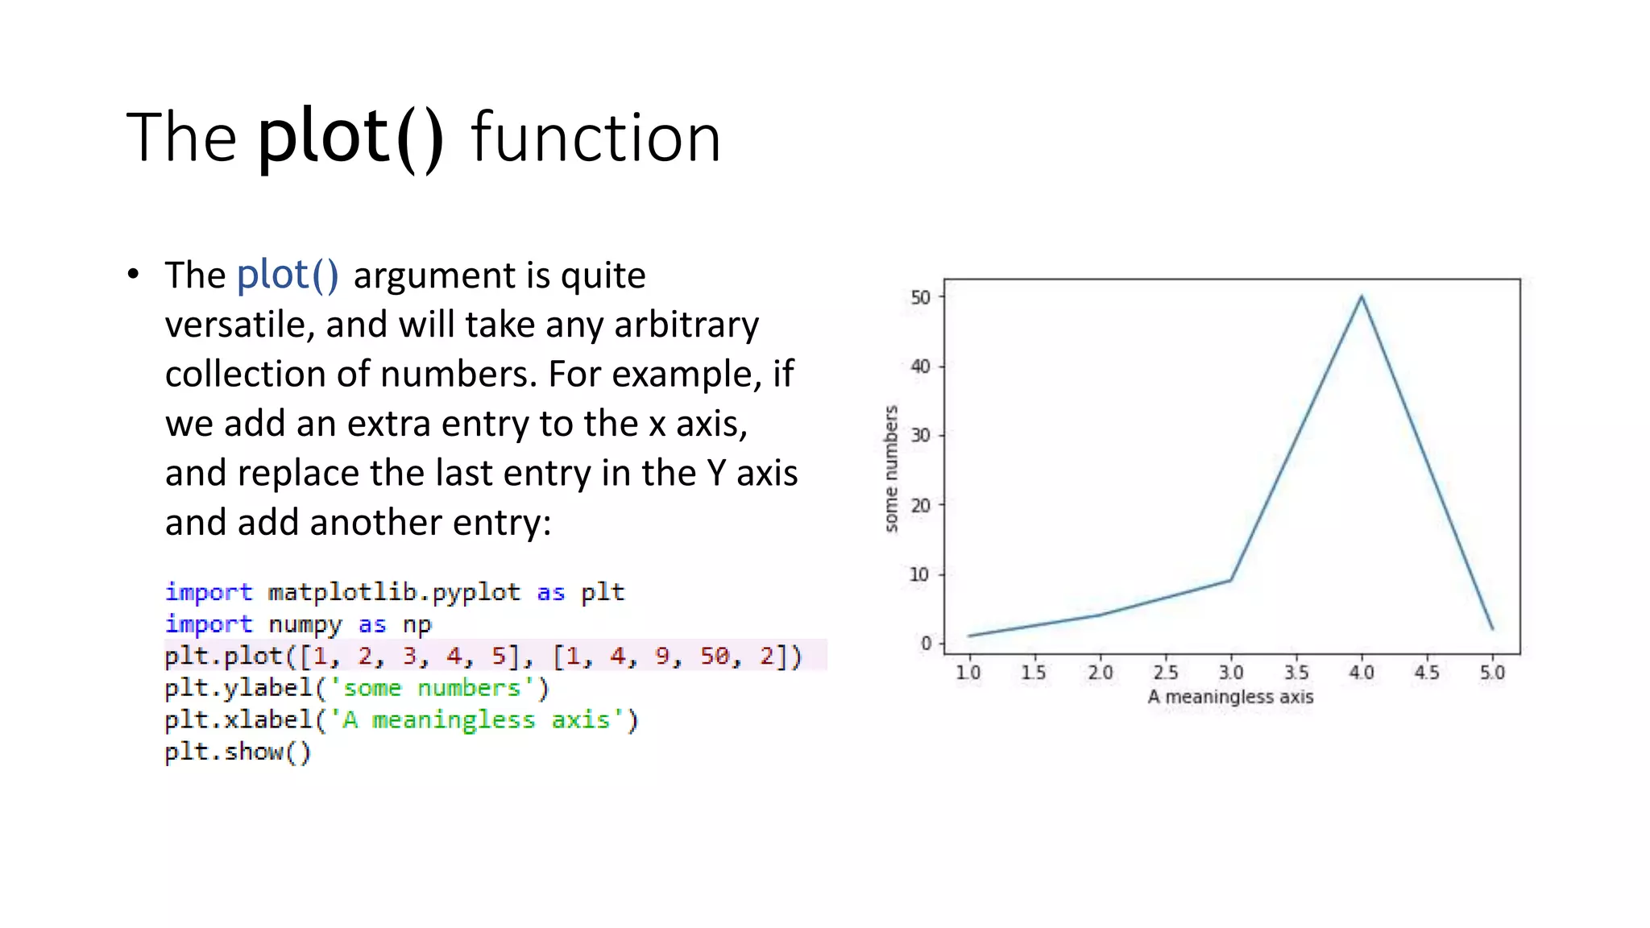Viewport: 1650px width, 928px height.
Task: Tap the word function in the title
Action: coord(595,139)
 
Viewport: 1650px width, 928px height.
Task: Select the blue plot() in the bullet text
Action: coord(288,275)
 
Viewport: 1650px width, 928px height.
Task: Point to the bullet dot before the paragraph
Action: coord(134,275)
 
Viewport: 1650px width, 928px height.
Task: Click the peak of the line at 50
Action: coord(1362,296)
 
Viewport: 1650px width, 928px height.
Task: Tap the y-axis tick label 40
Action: coord(920,367)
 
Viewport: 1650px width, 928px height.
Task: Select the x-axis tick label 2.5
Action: coord(1165,672)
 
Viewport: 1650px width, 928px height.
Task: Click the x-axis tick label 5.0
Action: coord(1492,672)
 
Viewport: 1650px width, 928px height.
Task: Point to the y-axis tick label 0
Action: coord(926,644)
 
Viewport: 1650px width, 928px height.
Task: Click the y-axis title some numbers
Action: coord(890,468)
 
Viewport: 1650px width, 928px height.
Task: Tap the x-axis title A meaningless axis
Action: coord(1230,697)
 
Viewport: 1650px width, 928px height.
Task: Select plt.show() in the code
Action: coord(238,752)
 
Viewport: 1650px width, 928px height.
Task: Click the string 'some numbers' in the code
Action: coord(433,688)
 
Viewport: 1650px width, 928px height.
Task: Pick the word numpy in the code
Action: coord(305,624)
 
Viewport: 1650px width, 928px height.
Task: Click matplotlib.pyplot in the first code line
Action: coord(394,592)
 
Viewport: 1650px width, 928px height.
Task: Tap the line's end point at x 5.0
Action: coord(1492,628)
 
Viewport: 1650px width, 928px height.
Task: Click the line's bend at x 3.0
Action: coord(1230,580)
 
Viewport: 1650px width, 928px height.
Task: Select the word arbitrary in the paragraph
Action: coord(686,325)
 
